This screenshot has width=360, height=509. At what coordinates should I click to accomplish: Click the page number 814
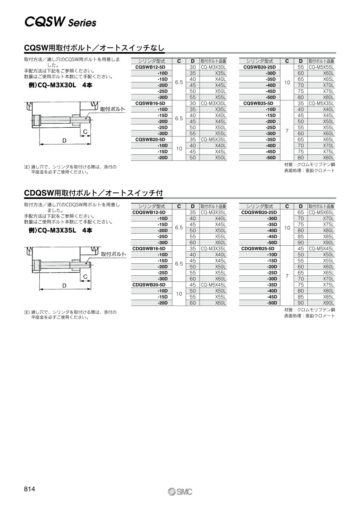[x=30, y=489]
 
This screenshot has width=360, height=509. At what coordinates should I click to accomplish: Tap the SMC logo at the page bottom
[x=180, y=492]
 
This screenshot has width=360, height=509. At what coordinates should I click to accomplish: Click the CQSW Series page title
[x=60, y=22]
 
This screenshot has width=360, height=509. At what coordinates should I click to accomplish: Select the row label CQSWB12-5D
[x=150, y=67]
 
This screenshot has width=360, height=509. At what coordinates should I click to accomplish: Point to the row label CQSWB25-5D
[x=259, y=103]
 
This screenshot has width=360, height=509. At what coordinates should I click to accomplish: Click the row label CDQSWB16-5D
[x=149, y=248]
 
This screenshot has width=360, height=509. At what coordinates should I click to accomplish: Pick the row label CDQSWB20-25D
[x=259, y=212]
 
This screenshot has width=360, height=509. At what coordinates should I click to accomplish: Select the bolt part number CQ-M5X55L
[x=321, y=67]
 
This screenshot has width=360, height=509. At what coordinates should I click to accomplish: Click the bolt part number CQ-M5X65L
[x=321, y=212]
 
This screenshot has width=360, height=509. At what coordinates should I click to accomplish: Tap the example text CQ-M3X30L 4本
[x=60, y=85]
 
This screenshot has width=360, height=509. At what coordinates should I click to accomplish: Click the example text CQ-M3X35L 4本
[x=60, y=230]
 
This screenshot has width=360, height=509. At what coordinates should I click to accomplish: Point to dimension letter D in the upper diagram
[x=64, y=140]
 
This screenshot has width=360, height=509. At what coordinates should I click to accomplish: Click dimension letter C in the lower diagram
[x=85, y=277]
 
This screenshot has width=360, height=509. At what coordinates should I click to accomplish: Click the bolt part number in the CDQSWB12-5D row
[x=213, y=212]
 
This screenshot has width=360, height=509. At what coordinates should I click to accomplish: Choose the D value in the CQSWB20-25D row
[x=301, y=67]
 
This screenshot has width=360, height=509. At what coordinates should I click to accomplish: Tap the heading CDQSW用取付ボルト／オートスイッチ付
[x=94, y=193]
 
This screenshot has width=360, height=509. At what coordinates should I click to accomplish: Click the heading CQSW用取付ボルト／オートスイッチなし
[x=94, y=48]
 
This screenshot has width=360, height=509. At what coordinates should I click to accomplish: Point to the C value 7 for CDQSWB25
[x=287, y=276]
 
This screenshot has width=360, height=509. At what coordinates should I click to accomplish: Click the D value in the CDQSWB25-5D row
[x=301, y=248]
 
